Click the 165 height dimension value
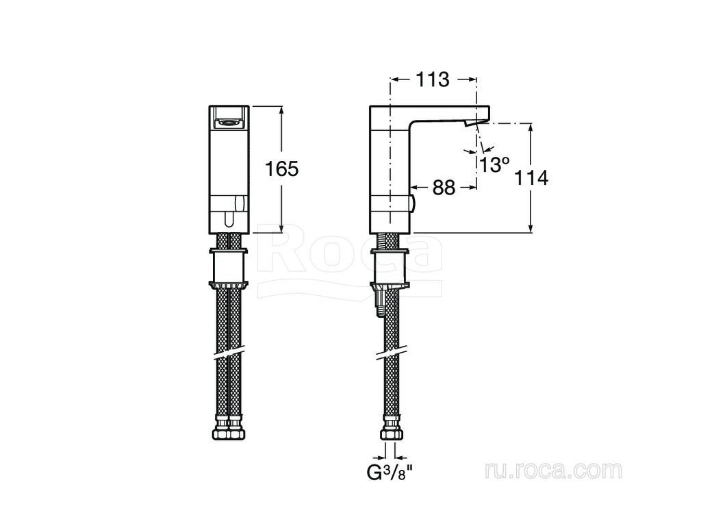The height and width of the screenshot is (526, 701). [281, 169]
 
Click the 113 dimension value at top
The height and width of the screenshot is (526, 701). [433, 79]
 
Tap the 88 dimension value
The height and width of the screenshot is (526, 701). [444, 188]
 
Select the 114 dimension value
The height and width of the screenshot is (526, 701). [531, 178]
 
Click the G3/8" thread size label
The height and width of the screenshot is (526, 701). [389, 473]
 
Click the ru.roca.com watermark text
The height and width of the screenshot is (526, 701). [553, 471]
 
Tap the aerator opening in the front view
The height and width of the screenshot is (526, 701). [229, 121]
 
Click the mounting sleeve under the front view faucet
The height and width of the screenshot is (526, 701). [229, 267]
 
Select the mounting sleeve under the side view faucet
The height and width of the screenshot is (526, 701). [390, 267]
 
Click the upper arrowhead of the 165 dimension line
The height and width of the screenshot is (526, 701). [281, 110]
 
